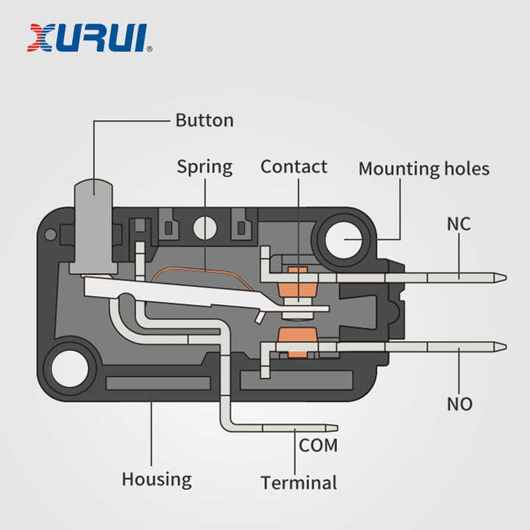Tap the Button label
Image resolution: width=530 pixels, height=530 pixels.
click(x=204, y=120)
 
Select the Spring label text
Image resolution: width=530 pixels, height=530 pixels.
click(x=204, y=167)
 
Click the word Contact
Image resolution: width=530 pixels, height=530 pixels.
click(x=294, y=166)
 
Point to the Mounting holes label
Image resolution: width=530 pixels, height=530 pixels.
click(x=423, y=169)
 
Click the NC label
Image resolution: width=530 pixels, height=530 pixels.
click(x=459, y=224)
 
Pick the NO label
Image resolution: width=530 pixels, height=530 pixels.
click(x=459, y=404)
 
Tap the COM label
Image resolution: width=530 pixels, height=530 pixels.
click(x=318, y=445)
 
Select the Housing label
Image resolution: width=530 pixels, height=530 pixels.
click(x=156, y=479)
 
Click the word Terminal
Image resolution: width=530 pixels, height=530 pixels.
click(x=298, y=483)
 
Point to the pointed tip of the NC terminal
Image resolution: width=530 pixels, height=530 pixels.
click(x=502, y=278)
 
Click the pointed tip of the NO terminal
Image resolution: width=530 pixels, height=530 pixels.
click(x=502, y=345)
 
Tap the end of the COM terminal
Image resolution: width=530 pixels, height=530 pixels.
click(x=334, y=427)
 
